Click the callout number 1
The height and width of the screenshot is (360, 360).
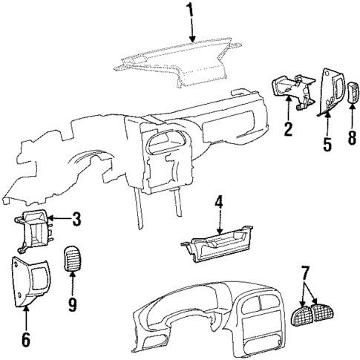pyautogui.click(x=190, y=10)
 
